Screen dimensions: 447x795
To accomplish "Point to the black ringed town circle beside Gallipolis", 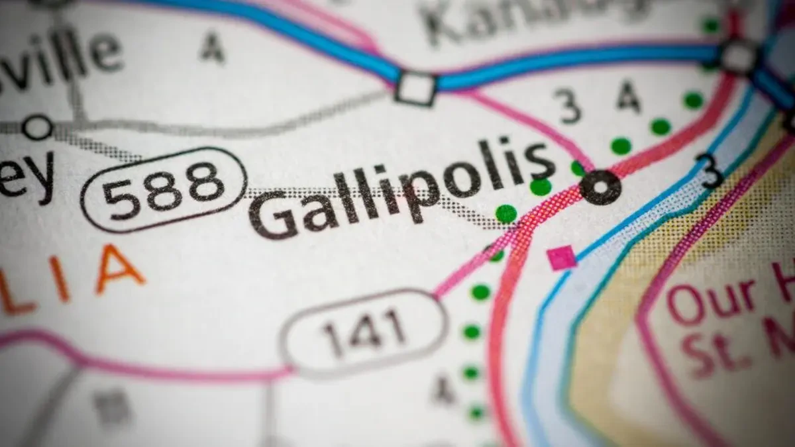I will point(600,187).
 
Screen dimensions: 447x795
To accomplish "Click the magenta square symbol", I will point(562,258).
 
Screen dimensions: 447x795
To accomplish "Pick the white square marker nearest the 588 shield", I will point(415,88).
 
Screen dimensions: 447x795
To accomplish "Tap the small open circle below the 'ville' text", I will point(37,126).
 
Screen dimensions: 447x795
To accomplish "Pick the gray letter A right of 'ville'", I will point(212,48).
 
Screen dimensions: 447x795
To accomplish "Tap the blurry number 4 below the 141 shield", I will point(443,391).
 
